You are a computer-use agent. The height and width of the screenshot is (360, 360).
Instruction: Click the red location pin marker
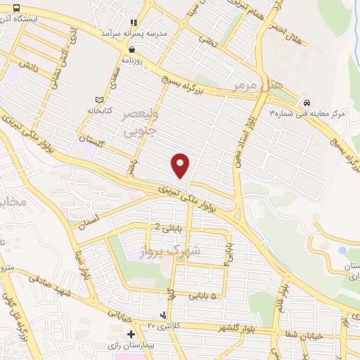click(x=181, y=165)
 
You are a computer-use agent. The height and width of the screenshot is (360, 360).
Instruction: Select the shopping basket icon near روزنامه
click(x=133, y=50)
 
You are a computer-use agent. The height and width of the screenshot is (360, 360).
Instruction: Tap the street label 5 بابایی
click(x=205, y=297)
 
